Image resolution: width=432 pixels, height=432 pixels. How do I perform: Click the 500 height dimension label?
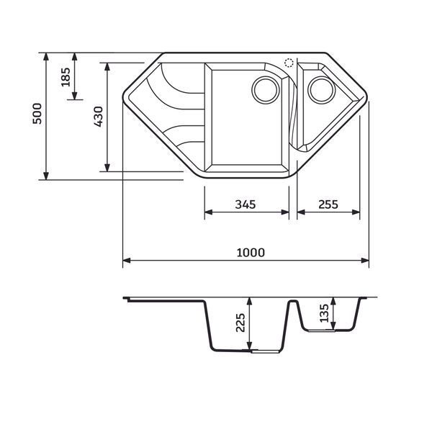(37, 113)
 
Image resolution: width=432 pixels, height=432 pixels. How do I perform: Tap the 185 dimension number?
(66, 77)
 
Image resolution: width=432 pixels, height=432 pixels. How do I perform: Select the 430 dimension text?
(99, 117)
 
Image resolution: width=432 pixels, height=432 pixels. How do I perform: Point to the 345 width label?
(246, 204)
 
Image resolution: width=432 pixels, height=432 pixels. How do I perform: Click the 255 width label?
(328, 204)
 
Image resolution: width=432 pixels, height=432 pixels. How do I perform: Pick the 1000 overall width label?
(251, 253)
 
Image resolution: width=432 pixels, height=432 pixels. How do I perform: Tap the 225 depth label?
(240, 323)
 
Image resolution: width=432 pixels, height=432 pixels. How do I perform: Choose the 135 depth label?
(324, 312)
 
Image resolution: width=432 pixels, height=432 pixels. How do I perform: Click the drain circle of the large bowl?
(266, 90)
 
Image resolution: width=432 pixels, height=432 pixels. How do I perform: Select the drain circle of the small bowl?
(322, 90)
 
